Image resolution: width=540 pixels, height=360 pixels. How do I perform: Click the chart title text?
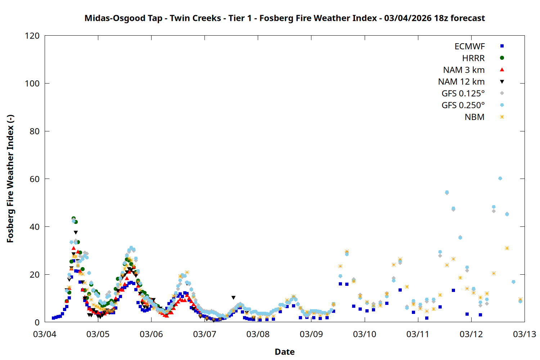click(284, 18)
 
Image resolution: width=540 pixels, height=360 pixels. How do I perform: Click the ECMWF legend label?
click(469, 46)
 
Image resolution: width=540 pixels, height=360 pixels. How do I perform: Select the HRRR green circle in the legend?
click(502, 58)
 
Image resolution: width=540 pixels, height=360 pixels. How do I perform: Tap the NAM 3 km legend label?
click(464, 70)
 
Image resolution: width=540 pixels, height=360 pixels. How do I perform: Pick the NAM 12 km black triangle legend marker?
click(502, 82)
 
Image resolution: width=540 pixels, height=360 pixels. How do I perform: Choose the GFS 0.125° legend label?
click(463, 94)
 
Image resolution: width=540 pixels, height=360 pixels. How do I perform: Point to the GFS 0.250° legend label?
click(463, 105)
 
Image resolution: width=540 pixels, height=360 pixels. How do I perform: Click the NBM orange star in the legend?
click(502, 117)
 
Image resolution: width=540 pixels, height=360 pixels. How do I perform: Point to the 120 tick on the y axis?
click(32, 36)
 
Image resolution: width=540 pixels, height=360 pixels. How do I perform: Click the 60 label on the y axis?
click(35, 179)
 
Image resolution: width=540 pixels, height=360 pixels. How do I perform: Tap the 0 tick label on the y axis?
click(37, 322)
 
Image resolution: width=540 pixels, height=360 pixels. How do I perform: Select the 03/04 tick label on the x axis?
click(45, 334)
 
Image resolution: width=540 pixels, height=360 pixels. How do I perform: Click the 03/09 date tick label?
click(311, 334)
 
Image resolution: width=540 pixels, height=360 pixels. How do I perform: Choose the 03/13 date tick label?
click(524, 334)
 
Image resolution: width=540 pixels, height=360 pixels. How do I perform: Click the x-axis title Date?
click(284, 352)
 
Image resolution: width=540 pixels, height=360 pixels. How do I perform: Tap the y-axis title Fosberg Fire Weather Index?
click(10, 179)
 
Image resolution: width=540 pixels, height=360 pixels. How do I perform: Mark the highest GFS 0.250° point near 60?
click(500, 179)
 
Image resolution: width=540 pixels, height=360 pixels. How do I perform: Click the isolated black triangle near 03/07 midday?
click(233, 298)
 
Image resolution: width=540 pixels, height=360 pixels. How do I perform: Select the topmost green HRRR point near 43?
click(73, 219)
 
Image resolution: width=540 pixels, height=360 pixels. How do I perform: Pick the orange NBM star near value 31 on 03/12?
click(507, 248)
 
